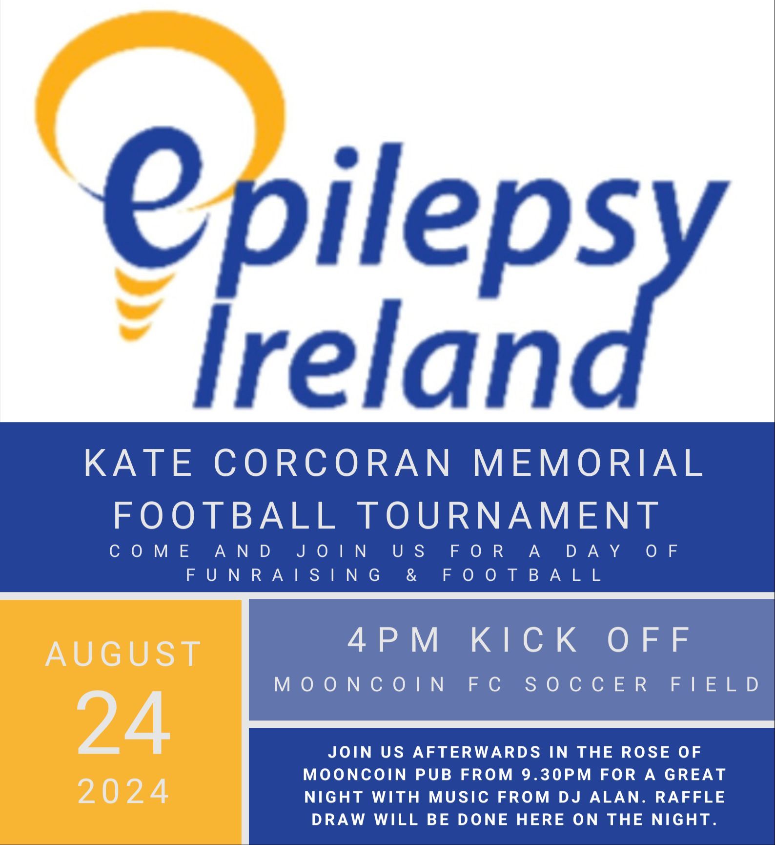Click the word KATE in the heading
(138, 463)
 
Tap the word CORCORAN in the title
(332, 463)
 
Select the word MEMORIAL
(589, 463)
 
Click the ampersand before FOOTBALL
(412, 575)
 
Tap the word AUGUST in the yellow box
(123, 654)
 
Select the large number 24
(123, 723)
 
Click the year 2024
(123, 791)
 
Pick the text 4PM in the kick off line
(393, 639)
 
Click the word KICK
(524, 639)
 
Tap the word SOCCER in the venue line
(587, 684)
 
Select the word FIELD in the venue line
(715, 684)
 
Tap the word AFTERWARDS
(477, 752)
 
